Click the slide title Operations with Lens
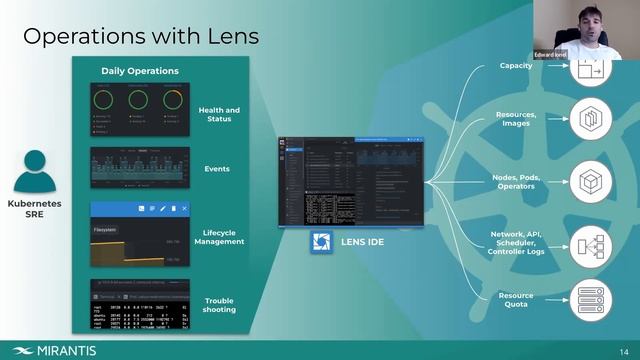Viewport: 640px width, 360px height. [141, 37]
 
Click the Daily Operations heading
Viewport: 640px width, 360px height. [140, 71]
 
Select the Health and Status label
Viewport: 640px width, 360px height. [219, 114]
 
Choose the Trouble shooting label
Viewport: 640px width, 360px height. [219, 305]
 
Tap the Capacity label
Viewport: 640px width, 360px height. [516, 66]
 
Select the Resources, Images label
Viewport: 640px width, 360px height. [516, 118]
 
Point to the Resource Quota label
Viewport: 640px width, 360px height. [516, 299]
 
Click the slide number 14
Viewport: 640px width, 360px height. [624, 350]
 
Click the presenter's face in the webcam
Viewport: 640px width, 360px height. [600, 20]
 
